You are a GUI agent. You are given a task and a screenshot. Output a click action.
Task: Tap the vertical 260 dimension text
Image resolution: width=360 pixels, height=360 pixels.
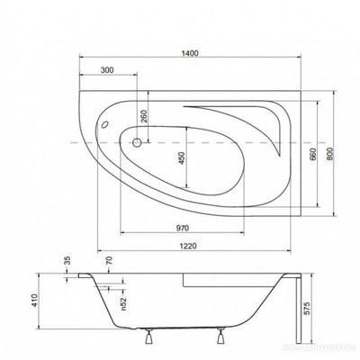[143, 116]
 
